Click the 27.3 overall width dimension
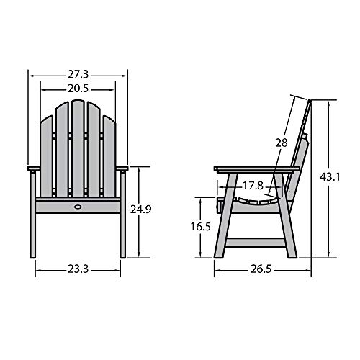[x=78, y=74]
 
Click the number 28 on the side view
[x=281, y=143]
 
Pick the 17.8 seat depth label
[x=252, y=186]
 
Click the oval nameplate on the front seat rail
[x=78, y=207]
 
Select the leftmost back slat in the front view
[x=47, y=155]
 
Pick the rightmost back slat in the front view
[x=109, y=155]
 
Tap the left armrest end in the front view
[x=32, y=169]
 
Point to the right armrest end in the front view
[x=123, y=169]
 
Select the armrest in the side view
[x=256, y=170]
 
